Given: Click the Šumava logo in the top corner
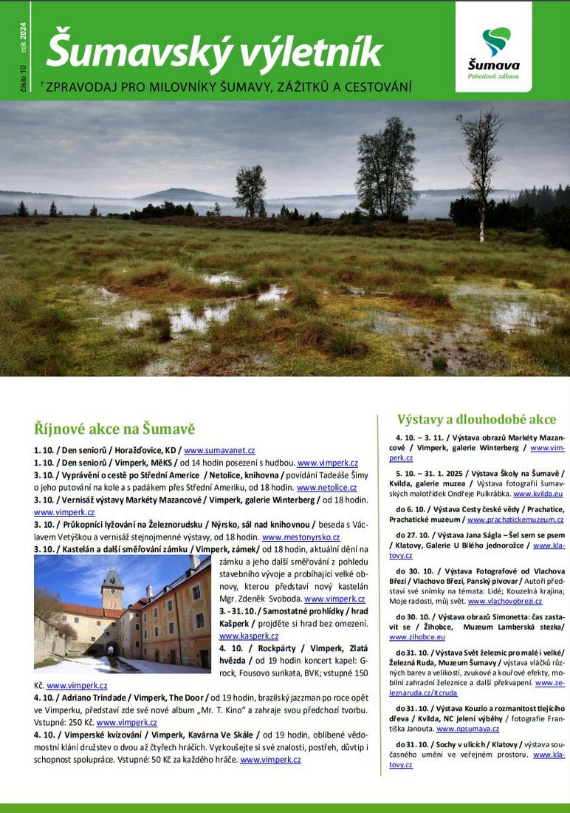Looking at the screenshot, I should tap(493, 47).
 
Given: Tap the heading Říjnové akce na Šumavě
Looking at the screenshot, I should tap(114, 429).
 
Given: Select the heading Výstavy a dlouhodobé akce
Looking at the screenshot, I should tap(476, 419).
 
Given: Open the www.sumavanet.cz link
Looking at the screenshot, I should tap(219, 450).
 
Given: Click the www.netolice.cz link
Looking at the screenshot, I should tap(326, 488).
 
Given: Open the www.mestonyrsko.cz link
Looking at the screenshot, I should tap(301, 537).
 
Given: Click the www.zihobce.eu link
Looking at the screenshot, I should tap(417, 636).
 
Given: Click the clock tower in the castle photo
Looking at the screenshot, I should tap(112, 590).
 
